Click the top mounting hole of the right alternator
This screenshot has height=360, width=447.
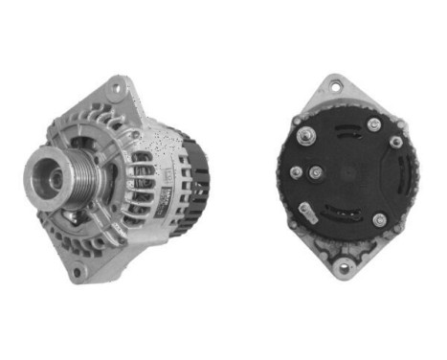click(x=336, y=88)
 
